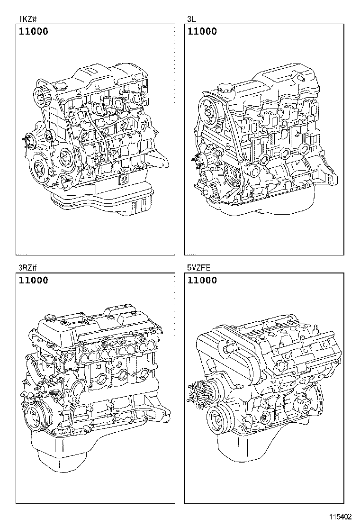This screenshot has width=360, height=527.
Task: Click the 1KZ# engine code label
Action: pos(27,19)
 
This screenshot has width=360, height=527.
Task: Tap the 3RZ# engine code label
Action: pos(28,268)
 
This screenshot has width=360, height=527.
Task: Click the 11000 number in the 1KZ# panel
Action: pos(33,32)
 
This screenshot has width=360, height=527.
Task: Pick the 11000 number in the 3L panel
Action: pos(202,32)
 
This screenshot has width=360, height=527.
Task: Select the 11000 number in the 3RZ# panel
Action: pos(33,280)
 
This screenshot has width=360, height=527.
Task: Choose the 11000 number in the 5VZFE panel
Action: pos(202,280)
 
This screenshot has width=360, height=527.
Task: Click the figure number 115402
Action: pos(341,516)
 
